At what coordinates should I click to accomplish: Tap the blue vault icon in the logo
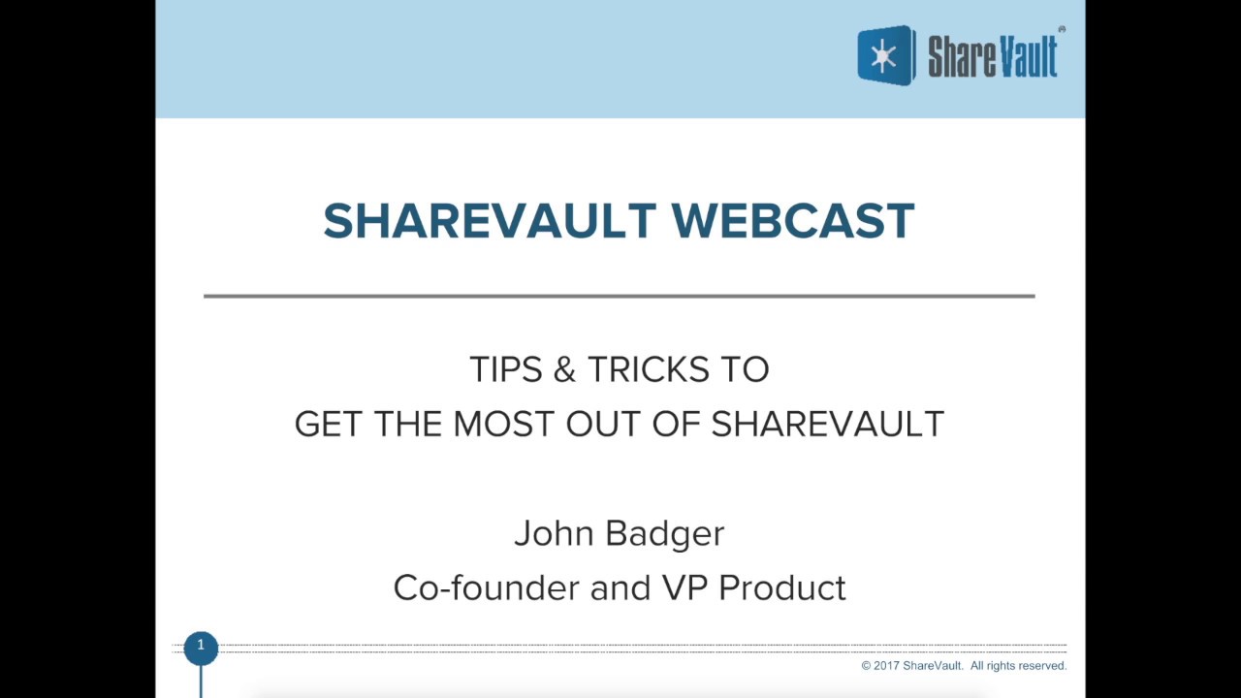tap(885, 56)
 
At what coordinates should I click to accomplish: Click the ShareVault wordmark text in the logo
tap(992, 57)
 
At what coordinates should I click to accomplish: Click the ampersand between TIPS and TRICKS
tap(566, 369)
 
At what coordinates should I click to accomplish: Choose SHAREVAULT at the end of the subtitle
tap(827, 425)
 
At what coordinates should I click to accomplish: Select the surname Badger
tap(664, 534)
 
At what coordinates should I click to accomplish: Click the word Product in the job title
tap(782, 588)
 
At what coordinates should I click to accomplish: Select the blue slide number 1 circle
tap(201, 647)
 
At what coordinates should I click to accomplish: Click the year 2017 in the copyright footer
tap(886, 666)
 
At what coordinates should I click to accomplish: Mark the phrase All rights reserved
tap(1018, 666)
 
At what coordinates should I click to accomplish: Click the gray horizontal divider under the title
tap(619, 296)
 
